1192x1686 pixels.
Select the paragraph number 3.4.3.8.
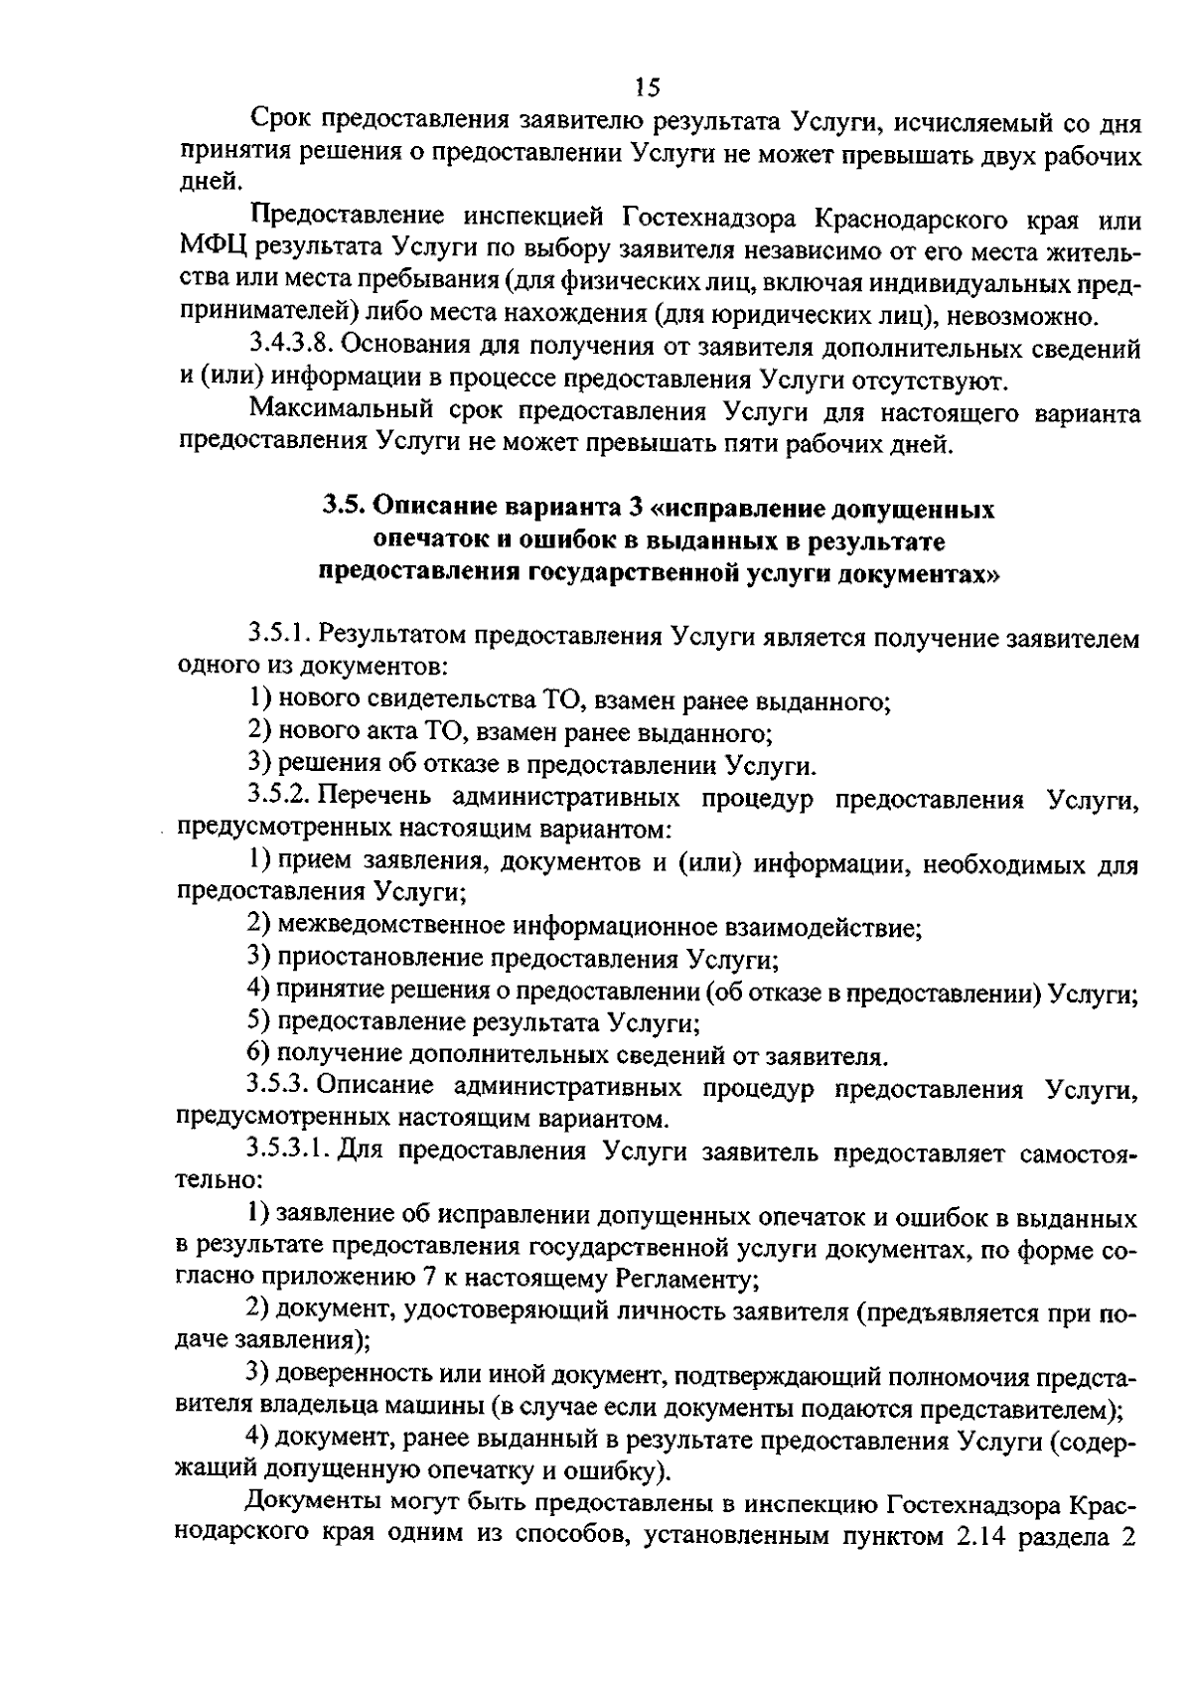pos(295,348)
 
